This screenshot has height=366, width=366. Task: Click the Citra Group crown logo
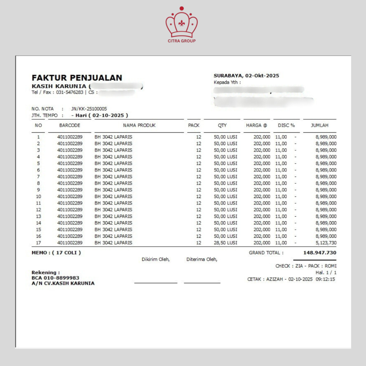point(182,24)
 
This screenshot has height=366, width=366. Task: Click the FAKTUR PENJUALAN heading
point(77,78)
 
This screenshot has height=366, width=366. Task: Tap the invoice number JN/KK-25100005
point(89,109)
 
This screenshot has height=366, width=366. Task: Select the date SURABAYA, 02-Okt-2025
point(246,75)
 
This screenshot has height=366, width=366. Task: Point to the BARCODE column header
point(70,125)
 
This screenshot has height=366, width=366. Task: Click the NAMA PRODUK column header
point(139,125)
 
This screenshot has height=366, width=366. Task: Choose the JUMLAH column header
point(320,125)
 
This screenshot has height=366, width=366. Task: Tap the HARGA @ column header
point(257,125)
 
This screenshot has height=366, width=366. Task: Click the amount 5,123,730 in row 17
point(326,243)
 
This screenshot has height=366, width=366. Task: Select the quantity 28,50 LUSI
point(225,243)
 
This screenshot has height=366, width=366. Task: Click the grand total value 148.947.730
point(320,253)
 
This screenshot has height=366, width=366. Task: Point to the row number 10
point(39,196)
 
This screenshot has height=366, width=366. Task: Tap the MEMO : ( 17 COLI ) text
point(56,253)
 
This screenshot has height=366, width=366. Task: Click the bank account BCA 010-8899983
point(55,278)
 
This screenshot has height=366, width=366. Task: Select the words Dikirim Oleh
point(155,259)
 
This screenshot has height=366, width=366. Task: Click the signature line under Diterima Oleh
point(202,283)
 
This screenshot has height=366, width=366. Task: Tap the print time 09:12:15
point(325,279)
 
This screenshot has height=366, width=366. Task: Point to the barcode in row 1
point(70,137)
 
